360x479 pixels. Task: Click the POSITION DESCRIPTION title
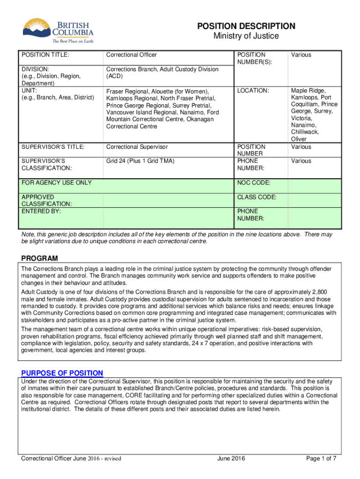pos(246,26)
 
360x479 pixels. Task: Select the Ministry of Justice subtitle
pos(246,36)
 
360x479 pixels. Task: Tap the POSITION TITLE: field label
pos(45,55)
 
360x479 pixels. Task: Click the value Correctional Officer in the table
pos(131,55)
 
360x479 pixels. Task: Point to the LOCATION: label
pos(253,90)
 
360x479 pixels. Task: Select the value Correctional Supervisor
pos(137,147)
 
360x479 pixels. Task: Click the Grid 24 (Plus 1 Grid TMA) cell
pos(140,161)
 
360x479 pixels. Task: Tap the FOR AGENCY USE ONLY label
pos(56,182)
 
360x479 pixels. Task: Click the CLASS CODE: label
pos(257,197)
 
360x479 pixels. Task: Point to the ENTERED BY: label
pos(41,211)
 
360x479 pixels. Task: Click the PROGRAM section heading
pos(40,259)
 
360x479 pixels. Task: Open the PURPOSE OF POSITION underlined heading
pos(62,373)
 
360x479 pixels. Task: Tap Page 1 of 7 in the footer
pos(321,458)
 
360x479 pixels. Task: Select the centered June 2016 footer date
pos(231,458)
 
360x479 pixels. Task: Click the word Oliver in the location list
pos(299,139)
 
